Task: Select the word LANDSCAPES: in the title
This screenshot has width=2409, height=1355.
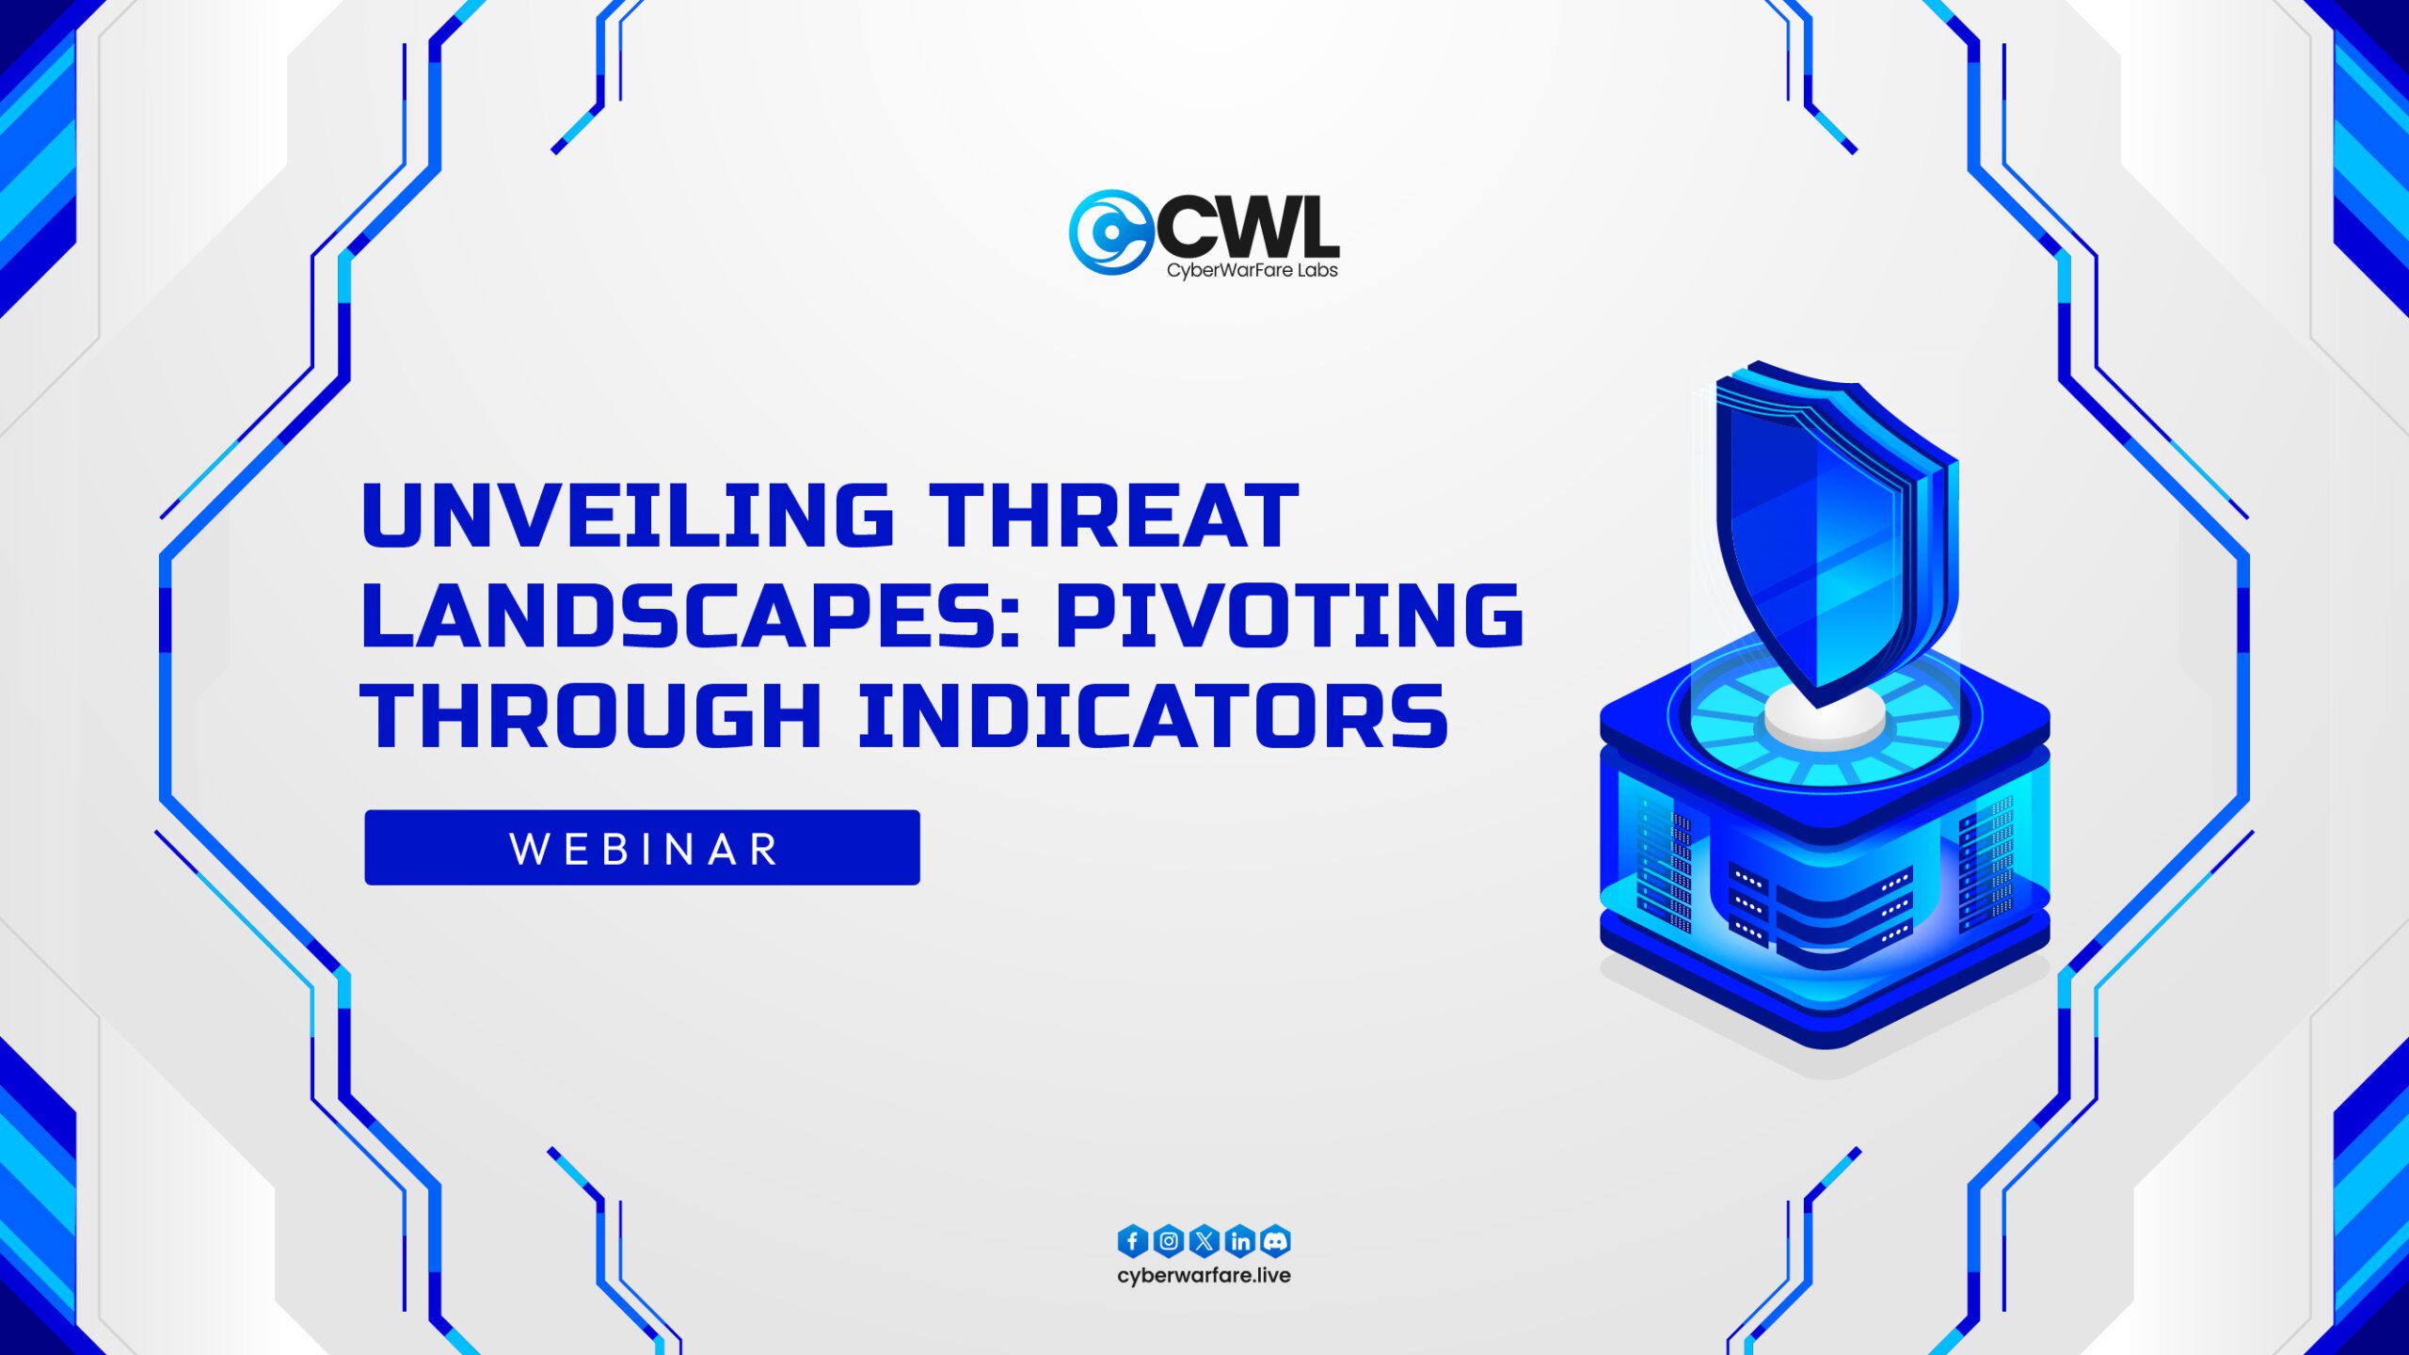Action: coord(692,615)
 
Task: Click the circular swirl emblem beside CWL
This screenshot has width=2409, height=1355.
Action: coord(1110,232)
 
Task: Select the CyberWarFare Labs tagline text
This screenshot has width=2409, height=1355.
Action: coord(1252,270)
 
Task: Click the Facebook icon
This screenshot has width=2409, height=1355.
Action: coord(1133,1241)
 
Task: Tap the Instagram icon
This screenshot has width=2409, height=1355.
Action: coord(1169,1241)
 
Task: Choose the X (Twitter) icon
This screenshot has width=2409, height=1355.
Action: coord(1204,1241)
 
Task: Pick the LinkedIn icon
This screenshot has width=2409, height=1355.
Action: coord(1240,1241)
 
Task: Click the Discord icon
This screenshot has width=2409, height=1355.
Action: coord(1275,1241)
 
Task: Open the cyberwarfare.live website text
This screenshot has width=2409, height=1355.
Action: coord(1204,1276)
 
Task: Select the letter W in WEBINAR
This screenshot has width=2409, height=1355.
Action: coord(530,849)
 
